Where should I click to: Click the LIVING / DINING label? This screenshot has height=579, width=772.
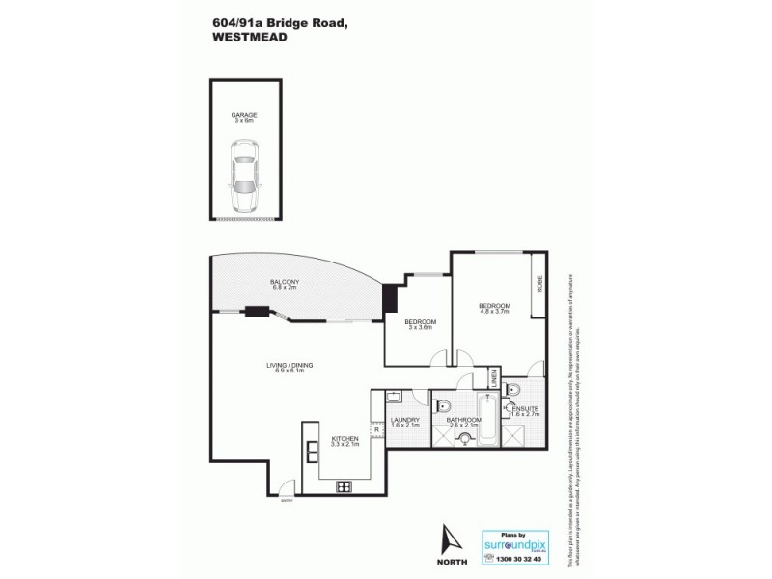click(289, 365)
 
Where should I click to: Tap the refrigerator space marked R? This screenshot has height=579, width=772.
click(375, 429)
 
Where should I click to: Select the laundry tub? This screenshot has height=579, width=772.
click(394, 398)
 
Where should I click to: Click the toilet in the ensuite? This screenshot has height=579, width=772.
click(513, 389)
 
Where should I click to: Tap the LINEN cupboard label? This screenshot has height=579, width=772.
click(492, 377)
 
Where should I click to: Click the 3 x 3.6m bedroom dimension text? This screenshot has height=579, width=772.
click(421, 328)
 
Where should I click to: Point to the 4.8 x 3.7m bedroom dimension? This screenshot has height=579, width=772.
click(494, 311)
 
